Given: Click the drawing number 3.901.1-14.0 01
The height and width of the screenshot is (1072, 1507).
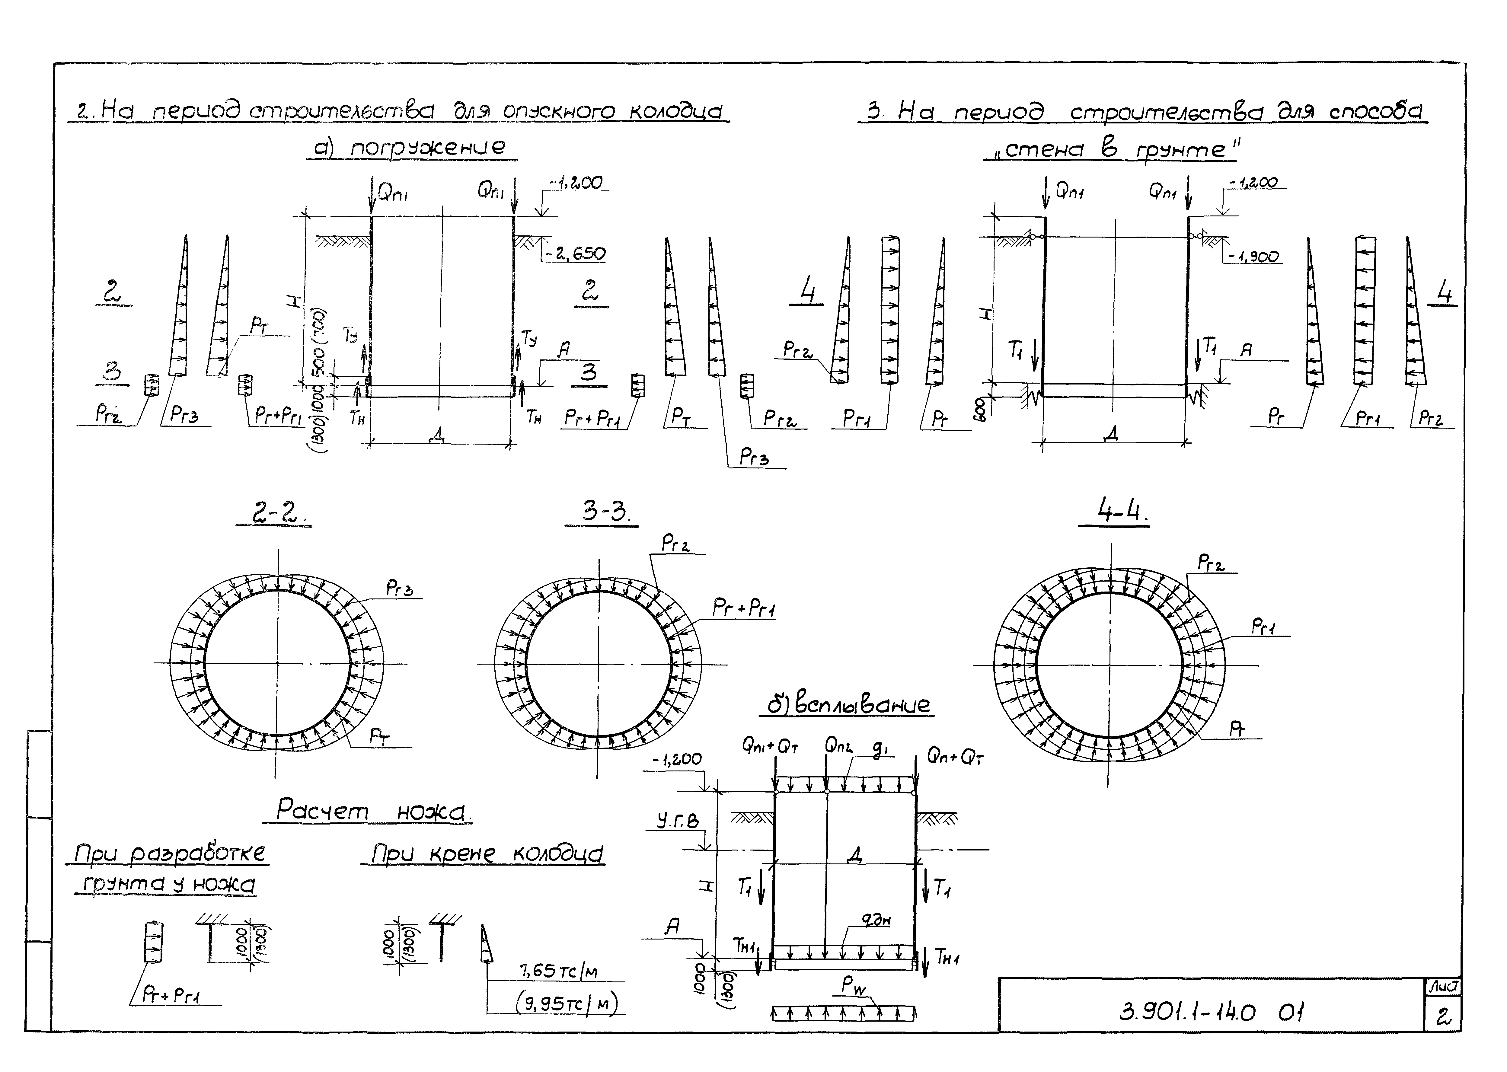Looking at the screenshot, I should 1211,1012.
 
